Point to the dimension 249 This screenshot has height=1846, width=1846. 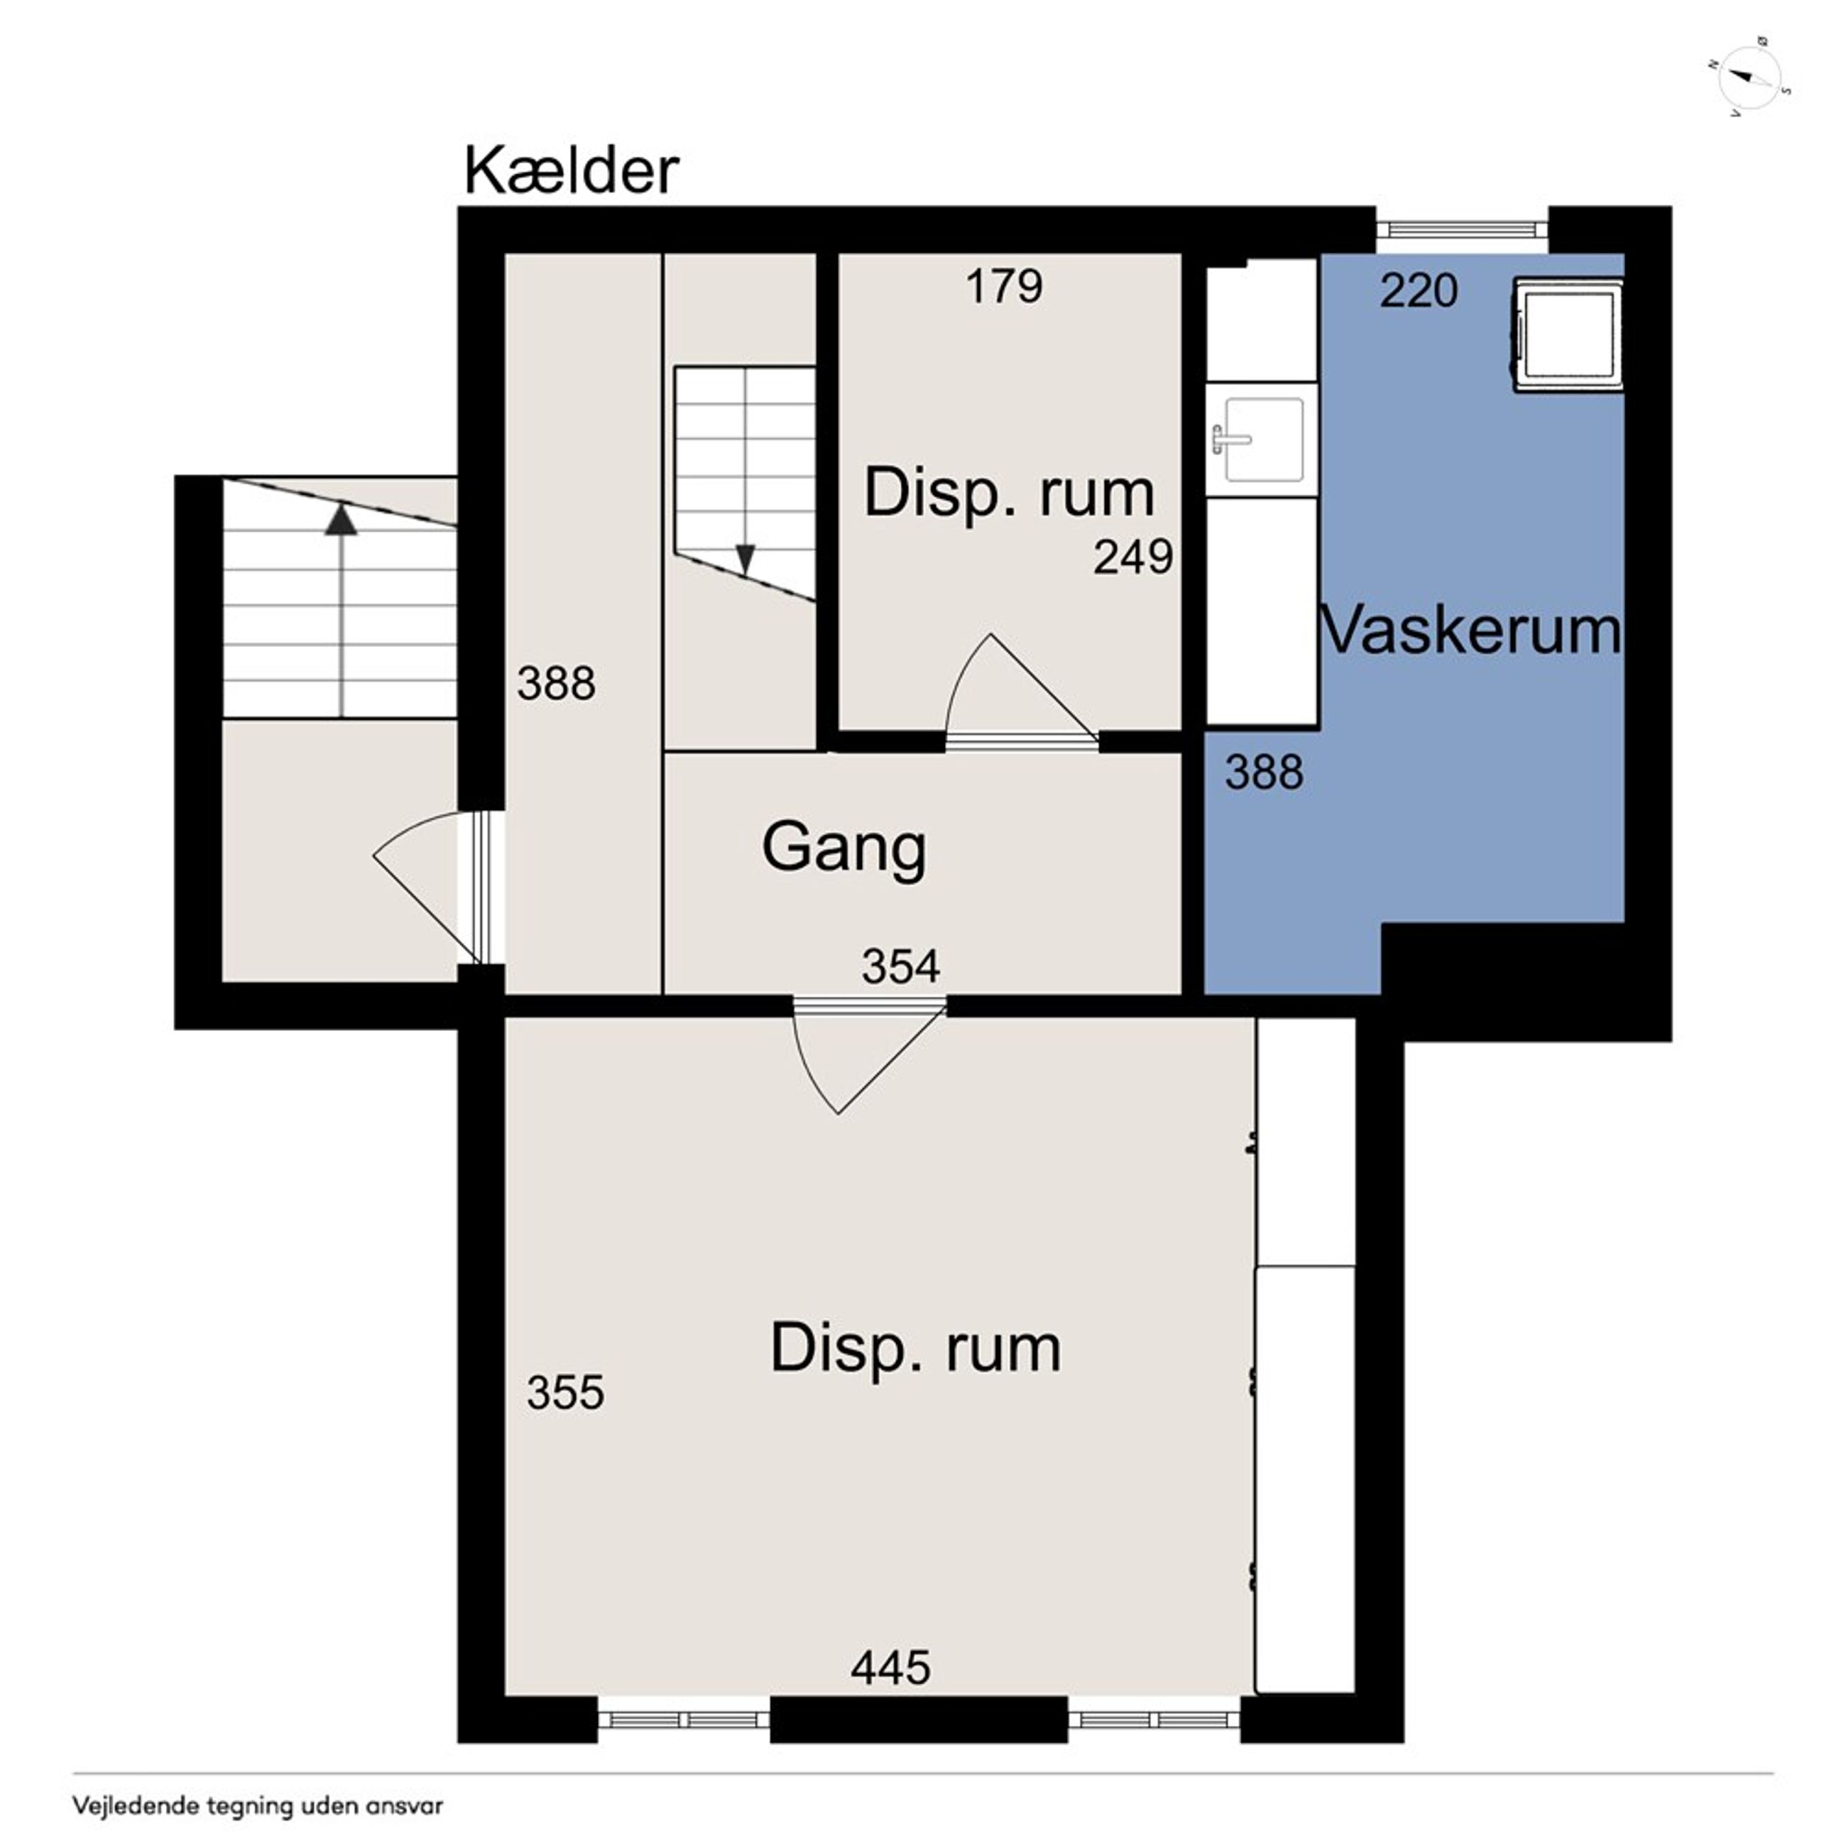pos(1133,557)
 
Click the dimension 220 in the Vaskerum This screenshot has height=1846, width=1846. pos(1419,290)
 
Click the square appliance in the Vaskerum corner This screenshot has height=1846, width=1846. pos(1567,334)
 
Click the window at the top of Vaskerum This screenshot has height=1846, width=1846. pos(1461,227)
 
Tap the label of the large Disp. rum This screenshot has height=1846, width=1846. pos(915,1348)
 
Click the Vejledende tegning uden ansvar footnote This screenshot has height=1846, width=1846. pos(258,1806)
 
